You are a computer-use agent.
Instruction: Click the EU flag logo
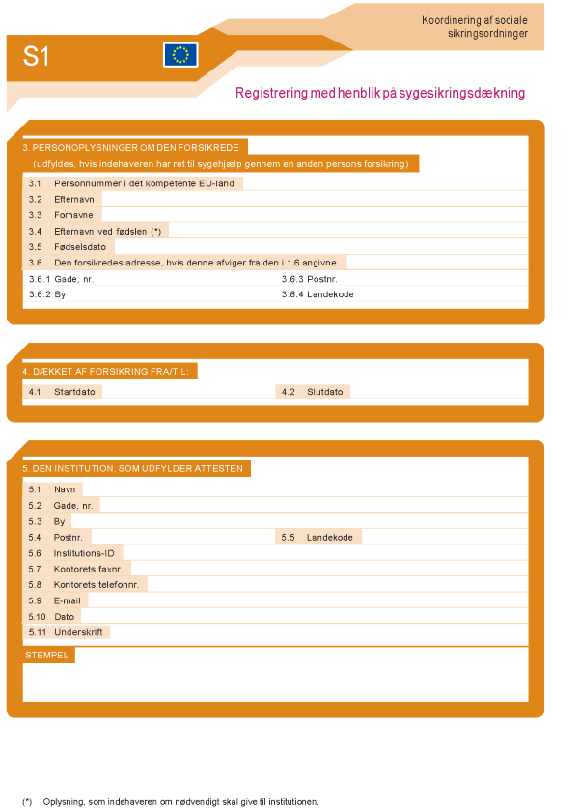coord(180,55)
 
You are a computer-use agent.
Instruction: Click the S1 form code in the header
coord(37,57)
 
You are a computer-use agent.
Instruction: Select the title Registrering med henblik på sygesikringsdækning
coord(380,94)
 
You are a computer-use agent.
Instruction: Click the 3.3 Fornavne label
coord(60,215)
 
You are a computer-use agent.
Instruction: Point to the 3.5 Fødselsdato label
coord(67,246)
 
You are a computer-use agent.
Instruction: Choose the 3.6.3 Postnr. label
coord(309,278)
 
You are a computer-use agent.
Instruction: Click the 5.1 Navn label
coord(54,489)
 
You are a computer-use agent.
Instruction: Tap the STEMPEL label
coord(47,655)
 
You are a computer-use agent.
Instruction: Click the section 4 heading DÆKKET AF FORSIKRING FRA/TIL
coord(110,371)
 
